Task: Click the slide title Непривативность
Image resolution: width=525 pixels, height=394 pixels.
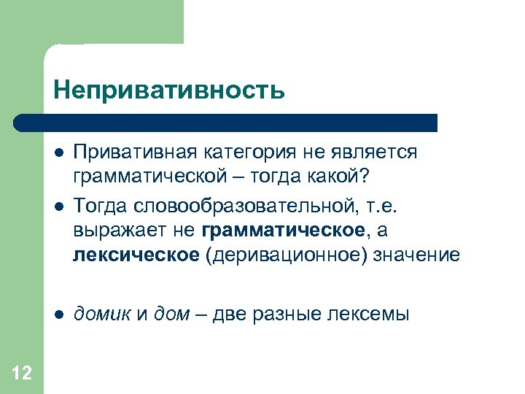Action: click(x=168, y=90)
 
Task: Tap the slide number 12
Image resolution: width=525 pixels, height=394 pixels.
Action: click(x=22, y=374)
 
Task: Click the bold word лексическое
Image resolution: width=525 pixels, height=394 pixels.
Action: click(x=136, y=255)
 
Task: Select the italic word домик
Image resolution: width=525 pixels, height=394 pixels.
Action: click(x=102, y=314)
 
